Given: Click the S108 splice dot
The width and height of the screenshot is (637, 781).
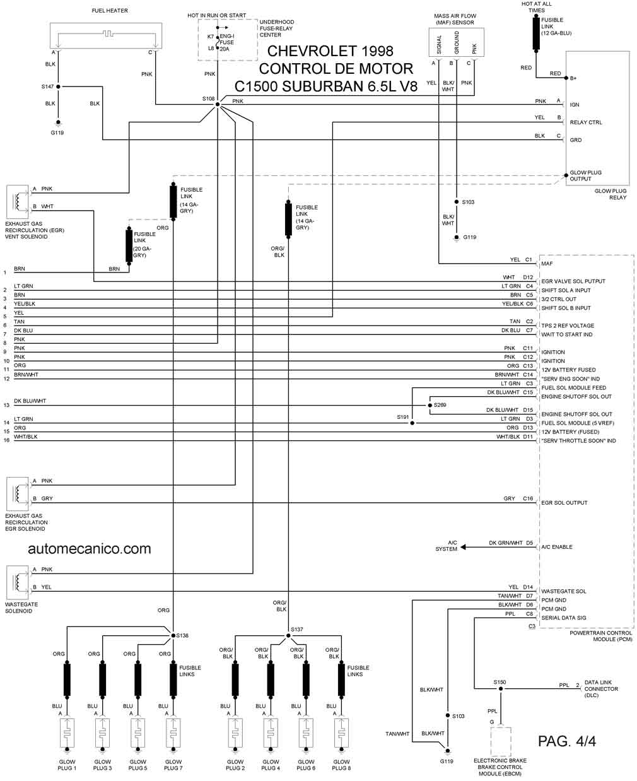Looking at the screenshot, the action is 217,105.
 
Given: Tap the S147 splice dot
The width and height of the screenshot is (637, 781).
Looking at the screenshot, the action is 58,86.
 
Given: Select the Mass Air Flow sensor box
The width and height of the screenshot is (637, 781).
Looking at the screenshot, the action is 456,42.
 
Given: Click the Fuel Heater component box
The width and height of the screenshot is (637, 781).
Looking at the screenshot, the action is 106,36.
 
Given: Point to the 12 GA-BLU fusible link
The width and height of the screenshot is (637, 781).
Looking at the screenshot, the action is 536,33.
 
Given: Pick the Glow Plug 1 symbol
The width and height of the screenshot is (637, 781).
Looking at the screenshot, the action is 67,733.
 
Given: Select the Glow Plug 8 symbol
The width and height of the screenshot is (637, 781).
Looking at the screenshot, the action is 341,733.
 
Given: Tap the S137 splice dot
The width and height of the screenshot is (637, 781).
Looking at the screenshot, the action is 288,635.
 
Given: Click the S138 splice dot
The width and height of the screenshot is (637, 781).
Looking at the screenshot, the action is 173,635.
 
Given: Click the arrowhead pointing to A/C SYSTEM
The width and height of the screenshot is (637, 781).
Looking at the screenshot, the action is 463,547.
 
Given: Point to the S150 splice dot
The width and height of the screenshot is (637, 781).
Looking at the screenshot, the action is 500,689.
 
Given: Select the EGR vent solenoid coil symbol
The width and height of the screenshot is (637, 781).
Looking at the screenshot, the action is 18,202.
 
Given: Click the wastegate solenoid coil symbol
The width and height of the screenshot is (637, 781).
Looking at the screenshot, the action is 18,582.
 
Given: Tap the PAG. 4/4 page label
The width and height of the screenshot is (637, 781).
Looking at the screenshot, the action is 566,741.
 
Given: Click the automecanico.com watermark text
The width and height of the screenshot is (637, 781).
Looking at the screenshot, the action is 90,549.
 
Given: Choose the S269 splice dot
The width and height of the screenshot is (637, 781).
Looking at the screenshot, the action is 430,405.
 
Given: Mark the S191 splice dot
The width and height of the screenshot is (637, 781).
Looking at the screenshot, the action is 412,423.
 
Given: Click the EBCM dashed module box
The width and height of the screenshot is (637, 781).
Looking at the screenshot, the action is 501,741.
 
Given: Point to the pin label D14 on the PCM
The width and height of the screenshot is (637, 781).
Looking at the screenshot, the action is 528,587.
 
